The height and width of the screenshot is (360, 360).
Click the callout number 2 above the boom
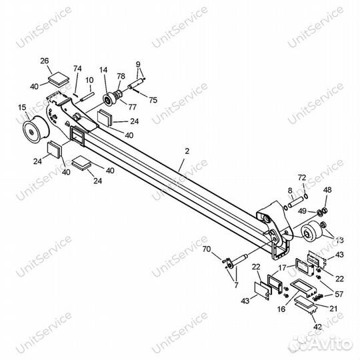pos(187,151)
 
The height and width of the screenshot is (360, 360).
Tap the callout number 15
pos(22,107)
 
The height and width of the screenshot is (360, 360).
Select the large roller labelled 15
pos(35,130)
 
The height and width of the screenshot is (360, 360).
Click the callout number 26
pos(45,61)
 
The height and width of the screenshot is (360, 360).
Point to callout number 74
pos(77,69)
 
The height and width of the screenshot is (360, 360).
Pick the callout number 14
pos(103,70)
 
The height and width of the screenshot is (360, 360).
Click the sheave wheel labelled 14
pos(109,99)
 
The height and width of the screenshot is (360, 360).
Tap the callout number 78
pos(121,76)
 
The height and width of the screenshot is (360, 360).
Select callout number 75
pos(153,100)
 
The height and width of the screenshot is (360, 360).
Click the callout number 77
pos(132,107)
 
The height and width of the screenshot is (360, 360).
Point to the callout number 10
pos(89,80)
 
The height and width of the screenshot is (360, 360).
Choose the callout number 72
pos(302,177)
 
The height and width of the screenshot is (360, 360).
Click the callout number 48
pos(327,190)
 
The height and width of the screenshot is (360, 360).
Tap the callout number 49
pos(303,211)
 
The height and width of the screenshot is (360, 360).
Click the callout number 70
pos(207,249)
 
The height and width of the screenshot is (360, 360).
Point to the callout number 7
pos(236,285)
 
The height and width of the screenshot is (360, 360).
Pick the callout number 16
pos(281,309)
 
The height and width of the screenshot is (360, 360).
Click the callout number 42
pos(317,327)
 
